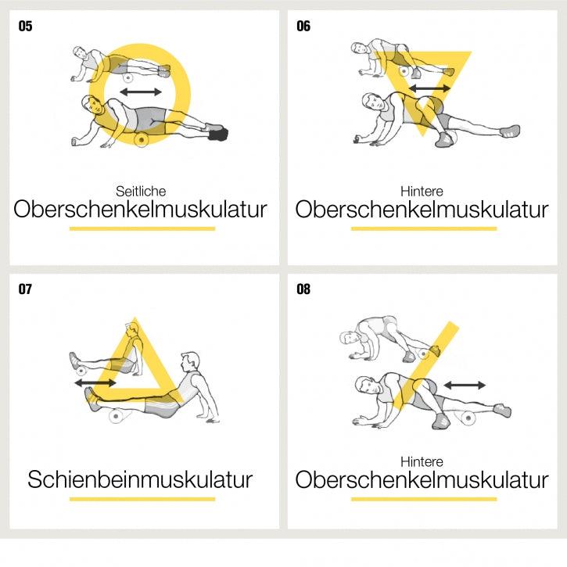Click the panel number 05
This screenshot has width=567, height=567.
pos(26,27)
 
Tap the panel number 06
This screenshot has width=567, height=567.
pos(303,27)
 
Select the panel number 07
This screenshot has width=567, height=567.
pos(26,290)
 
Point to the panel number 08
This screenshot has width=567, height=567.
pos(303,290)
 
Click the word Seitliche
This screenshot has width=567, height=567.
pos(141,191)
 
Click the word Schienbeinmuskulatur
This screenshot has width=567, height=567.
pos(141,479)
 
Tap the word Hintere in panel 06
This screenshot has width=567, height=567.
pos(422,191)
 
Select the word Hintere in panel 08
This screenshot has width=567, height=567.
pos(422,461)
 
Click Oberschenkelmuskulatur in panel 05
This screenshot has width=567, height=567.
pos(141,210)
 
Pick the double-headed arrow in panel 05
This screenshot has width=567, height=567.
pos(141,92)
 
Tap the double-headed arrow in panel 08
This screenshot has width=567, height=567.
pos(465,385)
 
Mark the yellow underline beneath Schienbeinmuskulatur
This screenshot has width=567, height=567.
pos(142,498)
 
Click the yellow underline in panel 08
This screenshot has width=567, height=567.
pos(423,498)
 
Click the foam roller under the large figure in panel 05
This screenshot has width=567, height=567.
pos(142,140)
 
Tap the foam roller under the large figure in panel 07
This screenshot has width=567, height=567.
pos(117,417)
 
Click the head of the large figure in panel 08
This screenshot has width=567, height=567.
pos(365,386)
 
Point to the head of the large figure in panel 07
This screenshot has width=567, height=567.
pos(188,362)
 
